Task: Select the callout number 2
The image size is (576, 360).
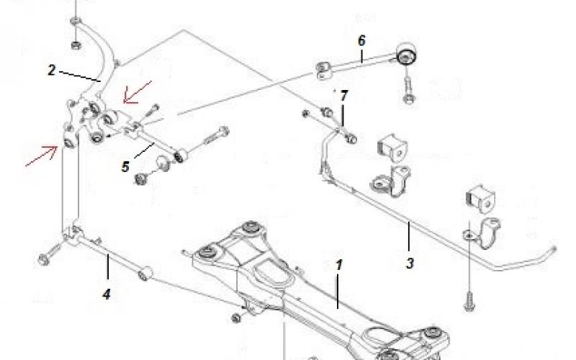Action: (52, 70)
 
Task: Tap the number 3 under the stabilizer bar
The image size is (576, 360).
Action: (410, 263)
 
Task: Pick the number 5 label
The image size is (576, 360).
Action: (125, 168)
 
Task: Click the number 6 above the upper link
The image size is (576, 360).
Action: (361, 40)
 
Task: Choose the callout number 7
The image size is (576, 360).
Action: (343, 95)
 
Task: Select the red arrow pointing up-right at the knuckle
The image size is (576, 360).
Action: (42, 156)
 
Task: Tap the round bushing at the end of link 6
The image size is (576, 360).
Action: (408, 54)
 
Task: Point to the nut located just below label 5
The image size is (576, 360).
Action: (141, 176)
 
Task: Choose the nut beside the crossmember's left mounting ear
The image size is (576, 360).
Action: (238, 318)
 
